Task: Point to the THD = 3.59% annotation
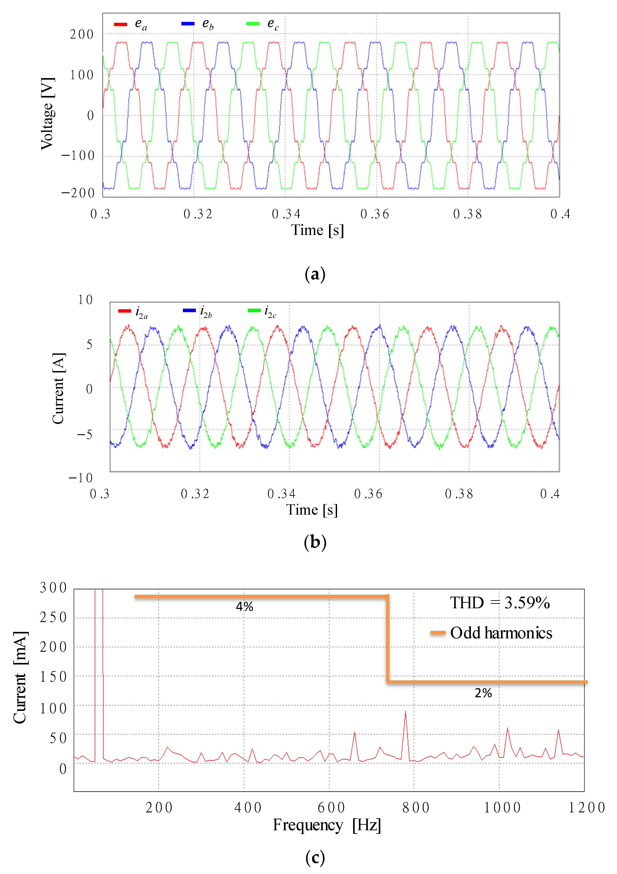500,603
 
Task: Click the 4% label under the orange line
244,607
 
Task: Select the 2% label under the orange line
483,693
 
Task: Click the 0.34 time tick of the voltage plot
286,214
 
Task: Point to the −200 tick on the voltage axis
78,193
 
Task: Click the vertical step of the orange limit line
387,639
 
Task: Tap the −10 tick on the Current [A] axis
81,478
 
